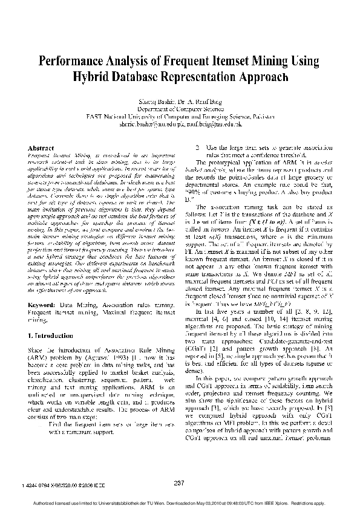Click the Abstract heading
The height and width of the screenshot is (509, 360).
[41, 148]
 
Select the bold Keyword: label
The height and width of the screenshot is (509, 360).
[43, 306]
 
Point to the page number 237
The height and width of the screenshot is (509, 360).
[178, 482]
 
